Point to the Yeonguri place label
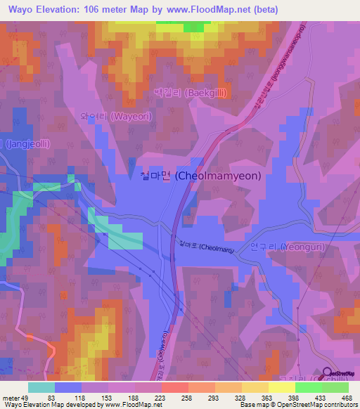281,247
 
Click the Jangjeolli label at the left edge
24,143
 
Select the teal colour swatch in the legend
41,387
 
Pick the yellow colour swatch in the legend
281,387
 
